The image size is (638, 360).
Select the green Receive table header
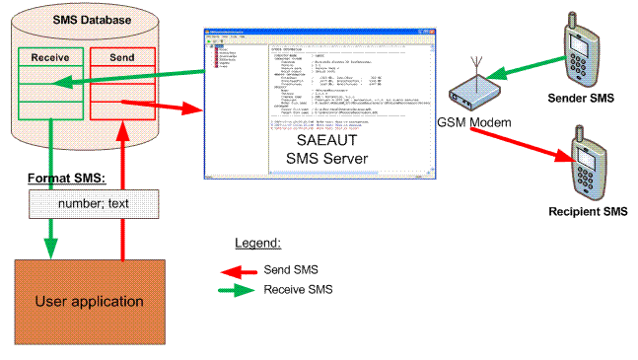(49, 57)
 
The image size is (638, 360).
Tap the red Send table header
(120, 57)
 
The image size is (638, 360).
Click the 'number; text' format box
(93, 205)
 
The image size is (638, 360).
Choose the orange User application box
(89, 301)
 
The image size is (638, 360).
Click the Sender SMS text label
(582, 98)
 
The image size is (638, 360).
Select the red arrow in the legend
(239, 269)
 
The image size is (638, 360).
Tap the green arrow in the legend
(239, 290)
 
